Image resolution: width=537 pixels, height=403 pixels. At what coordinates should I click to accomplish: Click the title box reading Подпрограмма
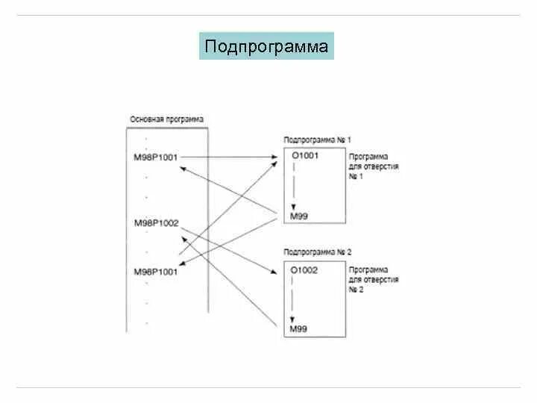tap(266, 46)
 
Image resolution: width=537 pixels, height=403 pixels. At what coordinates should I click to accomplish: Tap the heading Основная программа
tap(166, 119)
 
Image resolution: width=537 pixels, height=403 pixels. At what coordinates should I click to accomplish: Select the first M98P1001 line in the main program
tap(156, 157)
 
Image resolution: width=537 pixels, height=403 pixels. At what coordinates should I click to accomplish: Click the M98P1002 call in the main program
tap(156, 223)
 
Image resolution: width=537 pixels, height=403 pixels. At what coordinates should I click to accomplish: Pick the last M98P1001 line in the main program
tap(156, 272)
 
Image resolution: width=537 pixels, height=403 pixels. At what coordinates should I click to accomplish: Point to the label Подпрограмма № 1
tap(318, 140)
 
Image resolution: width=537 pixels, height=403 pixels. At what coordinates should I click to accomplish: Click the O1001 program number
tap(304, 155)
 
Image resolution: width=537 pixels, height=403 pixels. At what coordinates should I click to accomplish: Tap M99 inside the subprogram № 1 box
tap(299, 216)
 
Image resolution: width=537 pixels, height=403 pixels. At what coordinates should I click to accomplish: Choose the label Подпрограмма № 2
tap(318, 254)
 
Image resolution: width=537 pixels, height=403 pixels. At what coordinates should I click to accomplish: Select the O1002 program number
tap(304, 269)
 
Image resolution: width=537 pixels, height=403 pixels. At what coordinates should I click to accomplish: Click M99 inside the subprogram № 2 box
tap(299, 329)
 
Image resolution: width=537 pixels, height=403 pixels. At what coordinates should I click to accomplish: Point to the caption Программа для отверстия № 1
tap(373, 166)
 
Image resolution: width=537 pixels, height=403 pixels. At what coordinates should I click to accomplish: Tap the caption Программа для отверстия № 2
tap(373, 279)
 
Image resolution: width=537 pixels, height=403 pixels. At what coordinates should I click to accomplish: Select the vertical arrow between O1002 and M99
tap(295, 298)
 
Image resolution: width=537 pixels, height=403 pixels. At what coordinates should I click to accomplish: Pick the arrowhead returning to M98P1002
tap(182, 238)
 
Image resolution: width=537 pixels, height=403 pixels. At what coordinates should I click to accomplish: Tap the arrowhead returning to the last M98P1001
tap(183, 261)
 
